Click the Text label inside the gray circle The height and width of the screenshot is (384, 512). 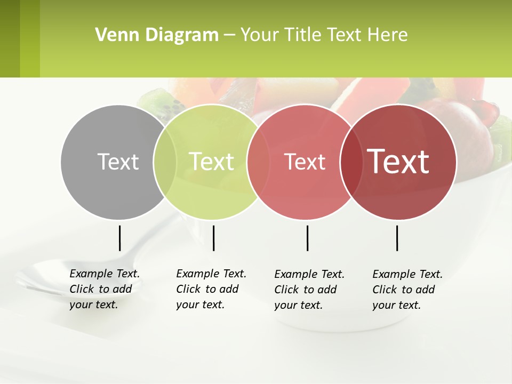point(118,162)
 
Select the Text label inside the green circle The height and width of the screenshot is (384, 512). point(211,162)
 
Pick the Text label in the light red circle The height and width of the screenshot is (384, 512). point(305,162)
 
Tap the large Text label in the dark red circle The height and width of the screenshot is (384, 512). point(398,162)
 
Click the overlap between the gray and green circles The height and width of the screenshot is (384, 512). point(165,162)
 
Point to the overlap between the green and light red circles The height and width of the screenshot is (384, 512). point(258,162)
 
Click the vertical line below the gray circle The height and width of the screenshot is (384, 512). point(119,238)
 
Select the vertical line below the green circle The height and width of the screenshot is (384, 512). point(213,238)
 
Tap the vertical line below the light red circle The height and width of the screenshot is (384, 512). point(307,238)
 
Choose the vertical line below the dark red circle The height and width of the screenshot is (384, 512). point(397,238)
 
